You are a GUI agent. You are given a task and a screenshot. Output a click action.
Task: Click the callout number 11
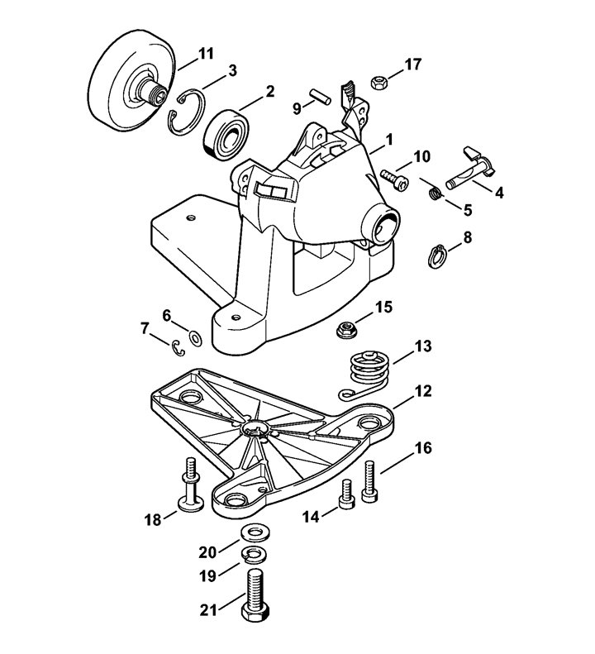pyautogui.click(x=206, y=54)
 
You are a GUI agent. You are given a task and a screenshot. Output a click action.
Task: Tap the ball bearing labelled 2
pyautogui.click(x=226, y=134)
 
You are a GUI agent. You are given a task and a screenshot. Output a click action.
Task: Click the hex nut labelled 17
pyautogui.click(x=379, y=80)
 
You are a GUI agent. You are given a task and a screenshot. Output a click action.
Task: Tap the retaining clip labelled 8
pyautogui.click(x=437, y=256)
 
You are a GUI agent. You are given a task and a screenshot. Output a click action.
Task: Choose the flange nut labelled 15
pyautogui.click(x=347, y=329)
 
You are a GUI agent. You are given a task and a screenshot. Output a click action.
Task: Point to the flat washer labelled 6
pyautogui.click(x=195, y=338)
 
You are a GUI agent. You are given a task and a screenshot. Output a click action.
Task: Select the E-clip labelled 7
pyautogui.click(x=178, y=348)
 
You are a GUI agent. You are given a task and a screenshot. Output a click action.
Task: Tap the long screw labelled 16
pyautogui.click(x=370, y=481)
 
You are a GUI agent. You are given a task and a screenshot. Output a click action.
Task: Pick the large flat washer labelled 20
pyautogui.click(x=255, y=533)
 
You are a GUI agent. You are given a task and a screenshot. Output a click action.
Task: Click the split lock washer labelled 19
pyautogui.click(x=255, y=554)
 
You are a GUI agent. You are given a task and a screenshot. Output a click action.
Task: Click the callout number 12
pyautogui.click(x=423, y=391)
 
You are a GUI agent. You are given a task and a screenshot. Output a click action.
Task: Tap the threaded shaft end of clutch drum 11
pyautogui.click(x=155, y=93)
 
